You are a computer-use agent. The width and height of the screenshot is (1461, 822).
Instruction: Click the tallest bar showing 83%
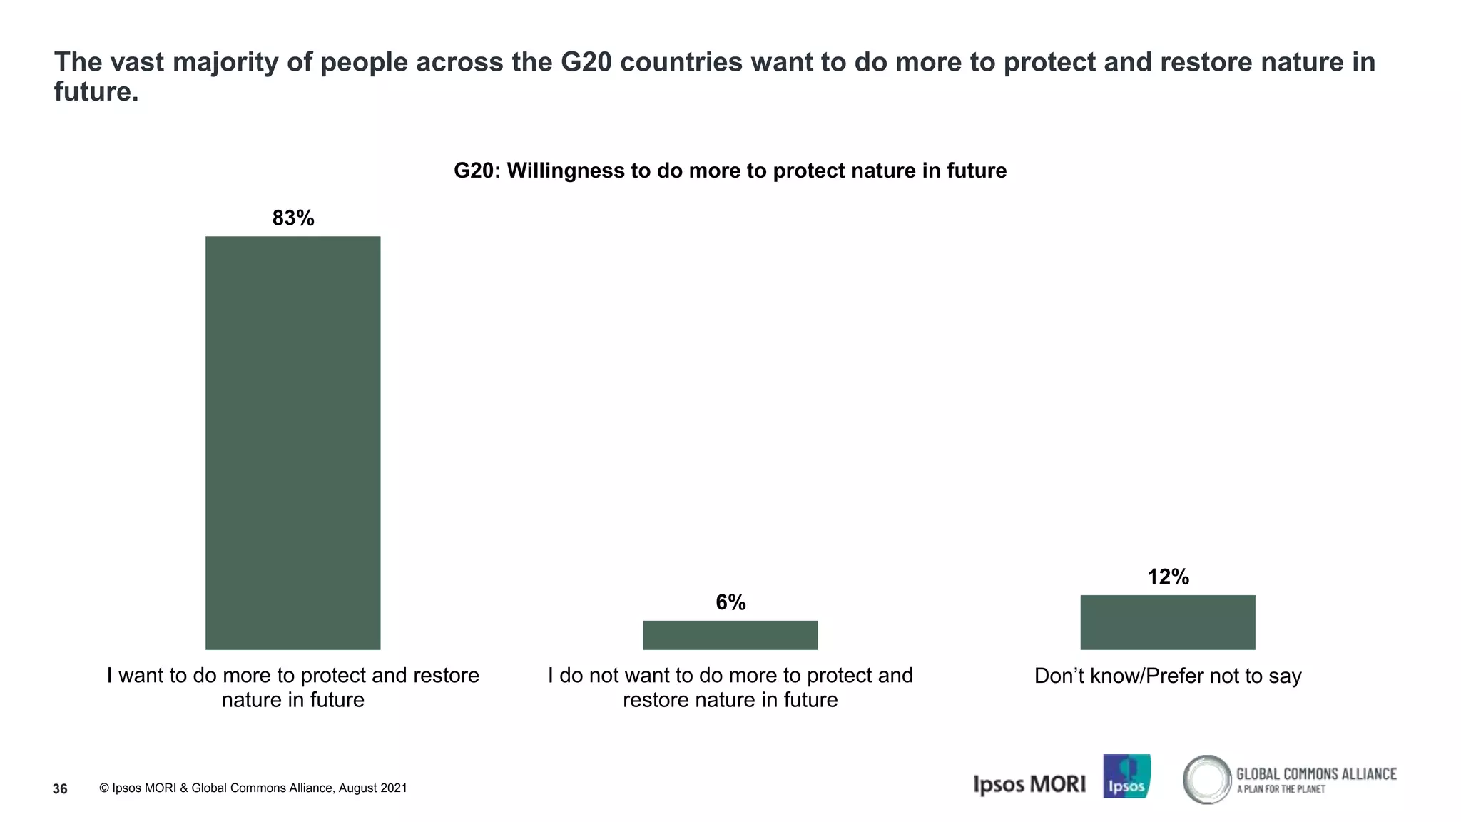pyautogui.click(x=292, y=442)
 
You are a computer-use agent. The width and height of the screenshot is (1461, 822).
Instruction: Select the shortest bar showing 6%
pyautogui.click(x=730, y=635)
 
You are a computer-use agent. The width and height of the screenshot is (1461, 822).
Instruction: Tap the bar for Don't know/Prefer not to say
pyautogui.click(x=1167, y=622)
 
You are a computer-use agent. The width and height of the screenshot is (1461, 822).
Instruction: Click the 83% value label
pyautogui.click(x=293, y=218)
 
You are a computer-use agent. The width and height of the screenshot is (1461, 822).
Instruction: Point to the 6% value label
pyautogui.click(x=730, y=602)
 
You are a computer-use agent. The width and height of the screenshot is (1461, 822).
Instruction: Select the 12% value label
pyautogui.click(x=1168, y=577)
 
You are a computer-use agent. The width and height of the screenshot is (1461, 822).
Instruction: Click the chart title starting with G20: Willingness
pyautogui.click(x=730, y=171)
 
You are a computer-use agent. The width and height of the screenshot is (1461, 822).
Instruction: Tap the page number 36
pyautogui.click(x=60, y=788)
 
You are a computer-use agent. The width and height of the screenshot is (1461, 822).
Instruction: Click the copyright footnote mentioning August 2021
pyautogui.click(x=253, y=788)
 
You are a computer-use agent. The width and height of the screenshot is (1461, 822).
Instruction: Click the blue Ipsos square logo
pyautogui.click(x=1126, y=776)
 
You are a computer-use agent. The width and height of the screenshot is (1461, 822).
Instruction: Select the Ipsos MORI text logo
pyautogui.click(x=1029, y=784)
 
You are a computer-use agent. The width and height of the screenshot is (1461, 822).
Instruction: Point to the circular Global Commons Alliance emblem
pyautogui.click(x=1206, y=779)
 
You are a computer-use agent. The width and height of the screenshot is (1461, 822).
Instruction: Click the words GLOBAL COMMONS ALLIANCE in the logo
pyautogui.click(x=1316, y=773)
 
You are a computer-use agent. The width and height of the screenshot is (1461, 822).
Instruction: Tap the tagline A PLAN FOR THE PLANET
pyautogui.click(x=1281, y=789)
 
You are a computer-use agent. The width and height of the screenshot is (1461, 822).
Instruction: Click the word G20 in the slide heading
pyautogui.click(x=586, y=62)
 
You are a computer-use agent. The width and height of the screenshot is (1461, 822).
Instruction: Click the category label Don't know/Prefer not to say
pyautogui.click(x=1167, y=676)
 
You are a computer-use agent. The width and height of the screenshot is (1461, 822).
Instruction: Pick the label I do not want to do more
pyautogui.click(x=730, y=687)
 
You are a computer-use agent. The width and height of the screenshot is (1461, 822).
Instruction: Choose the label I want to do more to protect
pyautogui.click(x=292, y=687)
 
